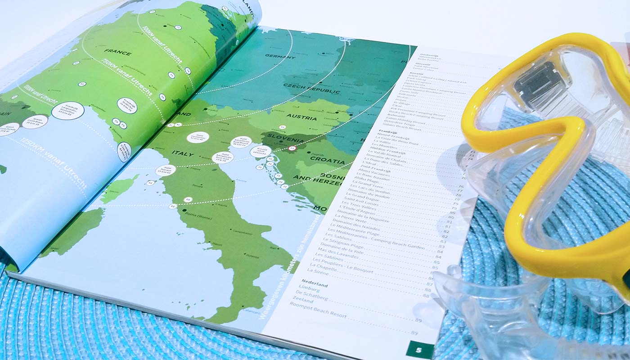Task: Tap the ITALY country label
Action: coord(182,154)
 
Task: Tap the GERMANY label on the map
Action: coord(280,56)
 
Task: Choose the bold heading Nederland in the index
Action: coord(315,284)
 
